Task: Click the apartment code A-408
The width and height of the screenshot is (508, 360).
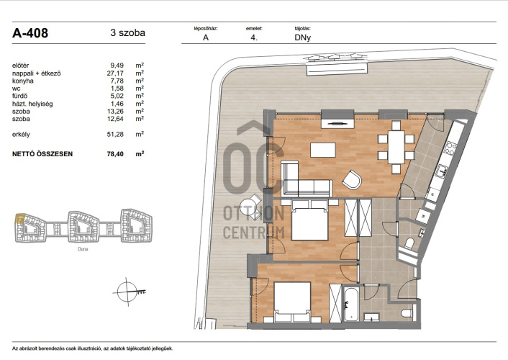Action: point(30,32)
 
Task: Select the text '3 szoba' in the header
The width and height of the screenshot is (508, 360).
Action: point(127,32)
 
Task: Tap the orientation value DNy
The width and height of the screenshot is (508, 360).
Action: point(303,37)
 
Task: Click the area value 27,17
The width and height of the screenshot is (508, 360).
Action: point(115,73)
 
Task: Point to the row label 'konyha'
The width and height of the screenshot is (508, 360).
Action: point(23,81)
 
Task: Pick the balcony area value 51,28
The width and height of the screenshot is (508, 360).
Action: point(115,134)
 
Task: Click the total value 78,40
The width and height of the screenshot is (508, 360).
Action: point(115,154)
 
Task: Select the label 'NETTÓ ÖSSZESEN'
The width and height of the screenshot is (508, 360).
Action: point(42,154)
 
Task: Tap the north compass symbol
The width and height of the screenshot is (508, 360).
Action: point(127,292)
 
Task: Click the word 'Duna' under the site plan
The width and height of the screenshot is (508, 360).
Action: point(83,249)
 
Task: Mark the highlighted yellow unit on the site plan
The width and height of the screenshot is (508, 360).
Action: point(20,218)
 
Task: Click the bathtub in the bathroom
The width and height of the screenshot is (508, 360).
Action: point(351,304)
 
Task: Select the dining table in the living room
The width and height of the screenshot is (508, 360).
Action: point(396,147)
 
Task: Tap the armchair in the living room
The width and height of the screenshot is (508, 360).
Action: point(352,180)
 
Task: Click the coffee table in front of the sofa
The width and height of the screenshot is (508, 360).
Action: point(323,150)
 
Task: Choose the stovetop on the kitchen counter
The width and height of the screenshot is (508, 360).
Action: point(450,148)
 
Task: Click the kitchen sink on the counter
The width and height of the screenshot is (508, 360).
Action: point(442,171)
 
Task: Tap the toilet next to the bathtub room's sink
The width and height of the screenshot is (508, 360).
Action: point(407,313)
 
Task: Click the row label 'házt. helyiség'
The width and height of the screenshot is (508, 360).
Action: point(32,104)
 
